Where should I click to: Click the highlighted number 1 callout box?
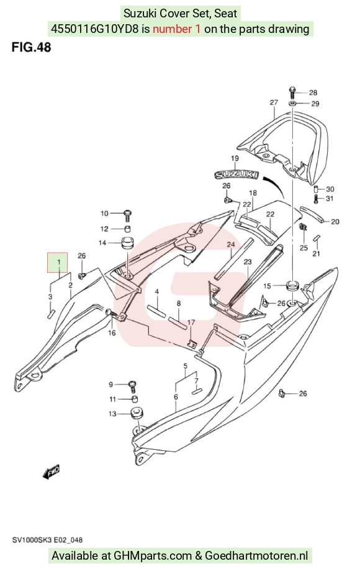(x=58, y=262)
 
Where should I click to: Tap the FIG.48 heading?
(x=31, y=47)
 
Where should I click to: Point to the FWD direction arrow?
(x=51, y=471)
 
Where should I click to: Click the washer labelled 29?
(x=293, y=103)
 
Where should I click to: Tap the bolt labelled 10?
(x=128, y=215)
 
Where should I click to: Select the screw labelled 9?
(x=133, y=386)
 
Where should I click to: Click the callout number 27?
(x=274, y=102)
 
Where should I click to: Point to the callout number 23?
(x=248, y=262)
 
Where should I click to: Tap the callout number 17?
(x=191, y=322)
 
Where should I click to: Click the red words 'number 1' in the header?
(x=176, y=29)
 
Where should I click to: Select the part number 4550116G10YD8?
(x=94, y=29)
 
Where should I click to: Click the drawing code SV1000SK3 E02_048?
(x=48, y=540)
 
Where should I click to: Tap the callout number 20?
(x=335, y=221)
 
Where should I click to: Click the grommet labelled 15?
(x=292, y=285)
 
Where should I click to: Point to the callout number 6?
(x=176, y=397)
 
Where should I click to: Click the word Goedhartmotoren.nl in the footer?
(x=257, y=555)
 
